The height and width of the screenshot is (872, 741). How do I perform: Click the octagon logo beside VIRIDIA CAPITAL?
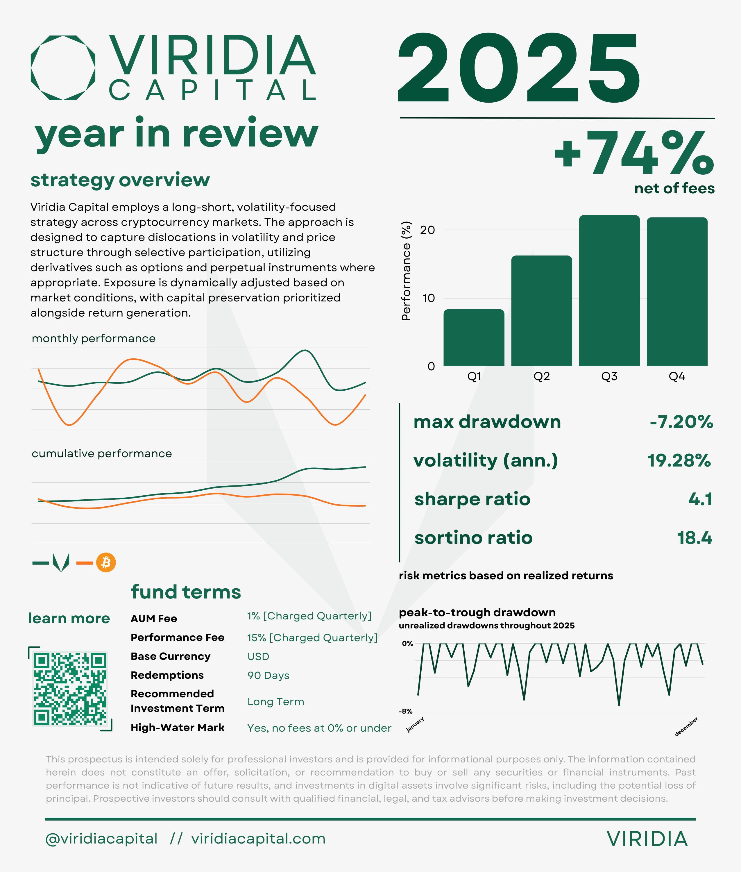[x=63, y=68]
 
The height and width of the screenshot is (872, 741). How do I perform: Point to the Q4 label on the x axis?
[x=677, y=376]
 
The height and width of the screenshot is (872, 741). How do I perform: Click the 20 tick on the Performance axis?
[x=428, y=230]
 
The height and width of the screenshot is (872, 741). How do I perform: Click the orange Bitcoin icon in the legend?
[x=106, y=562]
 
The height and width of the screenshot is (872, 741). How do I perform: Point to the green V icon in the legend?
[x=61, y=562]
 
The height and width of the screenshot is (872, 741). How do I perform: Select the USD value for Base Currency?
[x=258, y=656]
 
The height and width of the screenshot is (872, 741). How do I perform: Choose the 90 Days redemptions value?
[x=268, y=675]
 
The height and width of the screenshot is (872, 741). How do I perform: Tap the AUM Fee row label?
[x=154, y=619]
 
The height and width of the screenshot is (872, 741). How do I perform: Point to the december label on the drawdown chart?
[x=686, y=727]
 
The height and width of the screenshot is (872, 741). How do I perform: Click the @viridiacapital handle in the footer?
[x=101, y=839]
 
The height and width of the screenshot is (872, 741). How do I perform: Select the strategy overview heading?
[x=120, y=180]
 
